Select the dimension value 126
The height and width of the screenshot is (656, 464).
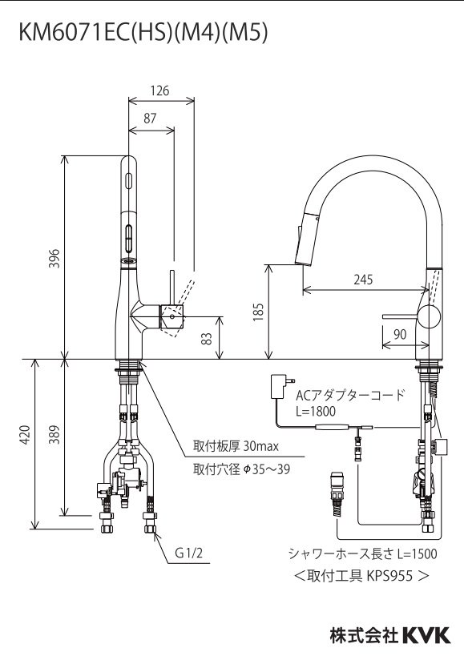click(x=160, y=91)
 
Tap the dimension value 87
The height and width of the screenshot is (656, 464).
click(x=150, y=118)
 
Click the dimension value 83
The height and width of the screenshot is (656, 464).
click(x=208, y=338)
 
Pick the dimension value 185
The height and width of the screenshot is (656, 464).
click(x=258, y=311)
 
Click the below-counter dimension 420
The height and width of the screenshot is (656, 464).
click(x=25, y=434)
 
